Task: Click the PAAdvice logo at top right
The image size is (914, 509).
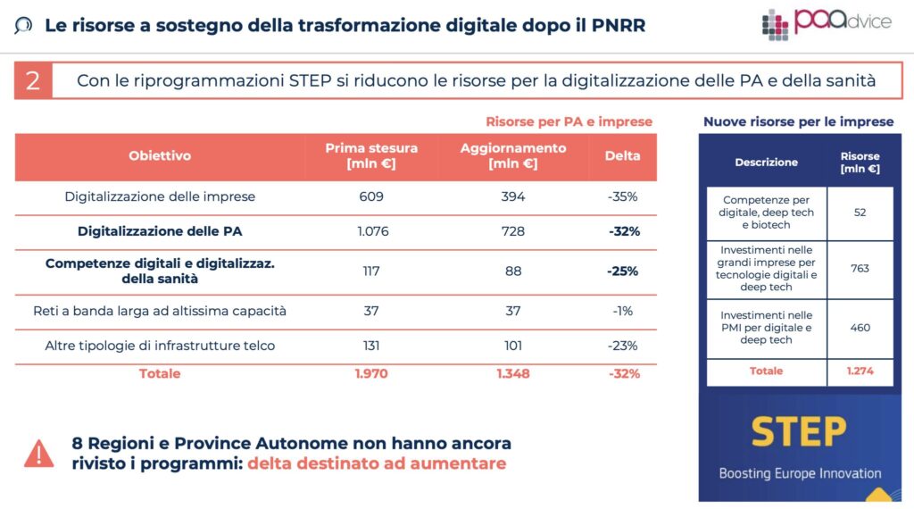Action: (826, 23)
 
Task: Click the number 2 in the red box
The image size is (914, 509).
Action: (32, 81)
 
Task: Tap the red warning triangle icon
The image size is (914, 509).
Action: (38, 454)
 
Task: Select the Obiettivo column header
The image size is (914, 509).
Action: (160, 156)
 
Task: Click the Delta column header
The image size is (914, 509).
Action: (622, 156)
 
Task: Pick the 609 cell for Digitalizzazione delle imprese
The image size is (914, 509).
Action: (371, 196)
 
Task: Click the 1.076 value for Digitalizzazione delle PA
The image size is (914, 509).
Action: (371, 231)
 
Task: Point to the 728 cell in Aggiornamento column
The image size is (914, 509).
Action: (512, 231)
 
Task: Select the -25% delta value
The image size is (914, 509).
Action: (622, 271)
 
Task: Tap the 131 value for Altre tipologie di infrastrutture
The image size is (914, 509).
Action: (371, 346)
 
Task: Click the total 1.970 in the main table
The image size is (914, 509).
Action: (371, 373)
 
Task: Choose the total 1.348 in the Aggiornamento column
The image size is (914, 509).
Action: (512, 373)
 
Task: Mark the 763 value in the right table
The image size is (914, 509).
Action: (860, 269)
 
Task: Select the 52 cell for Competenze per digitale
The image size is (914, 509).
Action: (860, 213)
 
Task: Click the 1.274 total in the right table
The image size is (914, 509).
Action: (860, 371)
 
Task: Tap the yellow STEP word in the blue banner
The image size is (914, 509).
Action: (798, 432)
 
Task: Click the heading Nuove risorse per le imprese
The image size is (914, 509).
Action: (798, 121)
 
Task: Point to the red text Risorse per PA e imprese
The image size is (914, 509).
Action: (569, 121)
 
